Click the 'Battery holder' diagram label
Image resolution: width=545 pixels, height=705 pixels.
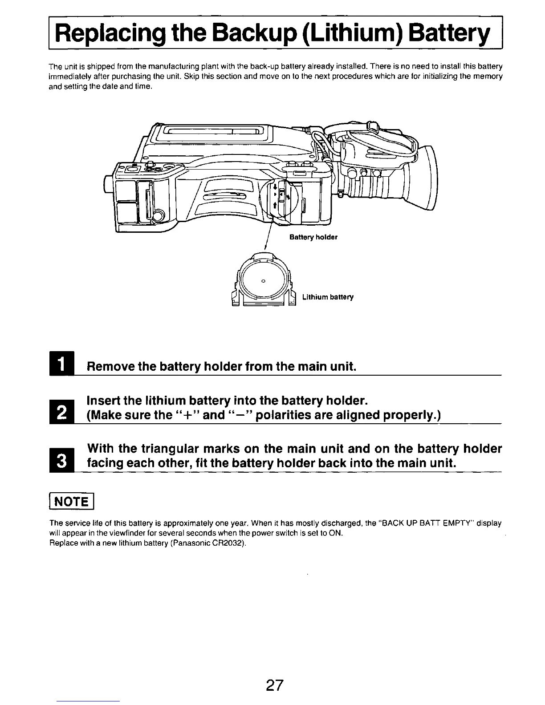pyautogui.click(x=313, y=237)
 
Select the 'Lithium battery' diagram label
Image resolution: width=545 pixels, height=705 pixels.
pyautogui.click(x=328, y=297)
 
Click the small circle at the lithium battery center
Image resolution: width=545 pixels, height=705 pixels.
pyautogui.click(x=263, y=280)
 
